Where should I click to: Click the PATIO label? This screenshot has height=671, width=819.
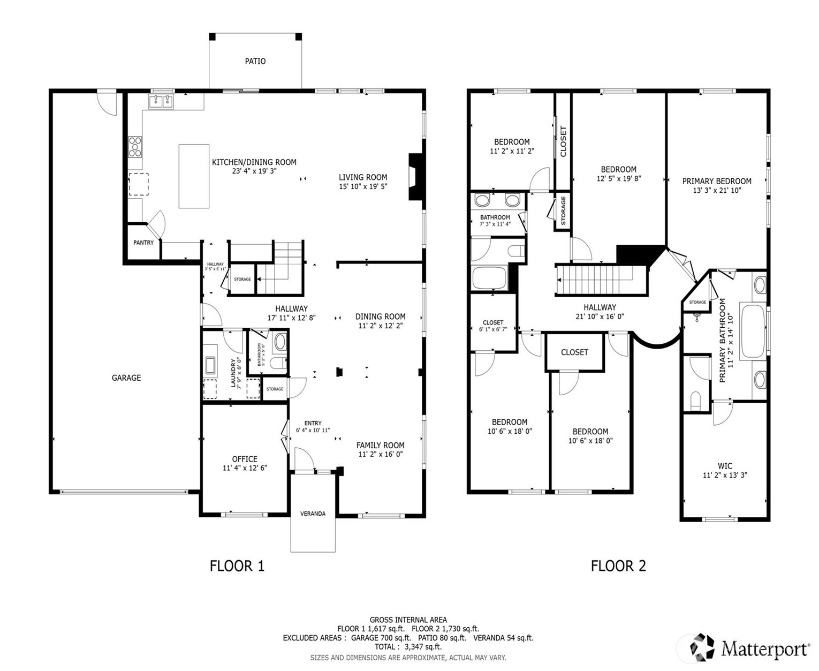click(255, 61)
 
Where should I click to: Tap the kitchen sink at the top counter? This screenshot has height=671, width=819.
click(161, 101)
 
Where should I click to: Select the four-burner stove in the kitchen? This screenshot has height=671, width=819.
click(135, 147)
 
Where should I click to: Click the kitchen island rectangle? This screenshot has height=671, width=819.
click(194, 176)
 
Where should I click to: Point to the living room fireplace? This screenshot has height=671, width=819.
click(415, 177)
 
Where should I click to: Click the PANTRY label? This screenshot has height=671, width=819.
click(143, 243)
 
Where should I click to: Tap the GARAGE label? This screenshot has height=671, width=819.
click(126, 378)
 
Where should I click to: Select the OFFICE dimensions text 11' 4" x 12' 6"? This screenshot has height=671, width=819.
click(245, 468)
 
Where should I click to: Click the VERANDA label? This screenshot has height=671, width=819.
click(313, 514)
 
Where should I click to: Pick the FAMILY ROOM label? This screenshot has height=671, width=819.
click(380, 445)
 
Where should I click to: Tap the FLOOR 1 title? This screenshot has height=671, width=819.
click(237, 566)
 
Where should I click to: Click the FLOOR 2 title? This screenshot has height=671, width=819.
click(618, 566)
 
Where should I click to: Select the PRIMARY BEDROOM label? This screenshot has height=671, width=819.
click(717, 181)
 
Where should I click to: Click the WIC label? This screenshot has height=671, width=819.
click(725, 466)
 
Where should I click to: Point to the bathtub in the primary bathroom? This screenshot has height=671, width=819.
click(753, 330)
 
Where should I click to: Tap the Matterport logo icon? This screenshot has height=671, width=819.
click(702, 647)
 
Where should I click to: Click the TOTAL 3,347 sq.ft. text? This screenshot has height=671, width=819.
click(408, 647)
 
